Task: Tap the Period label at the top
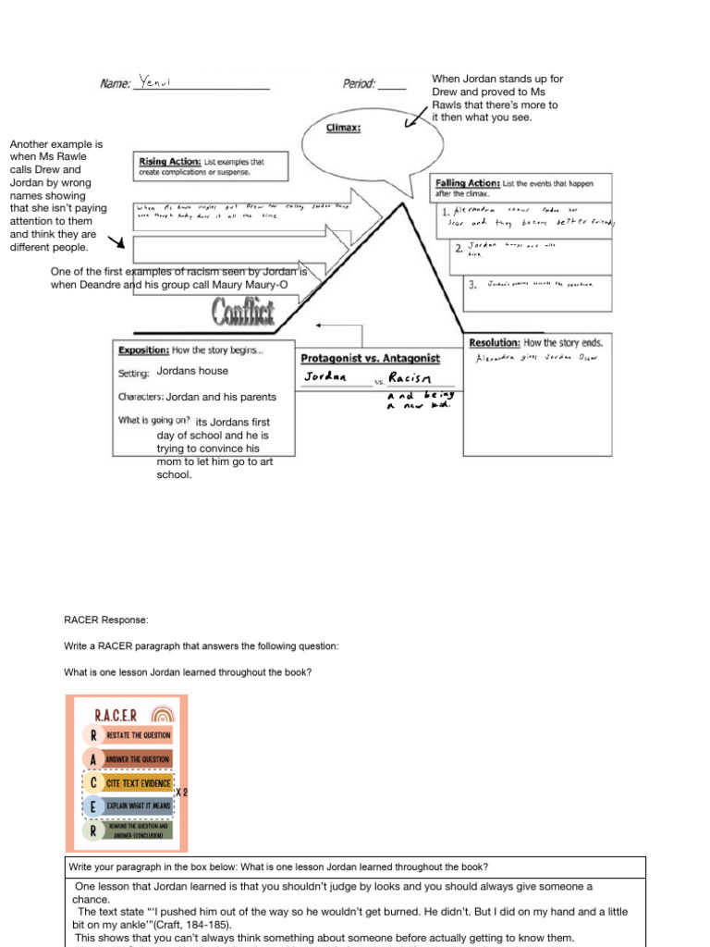[x=360, y=84]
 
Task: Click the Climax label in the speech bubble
[x=343, y=129]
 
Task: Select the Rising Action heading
[x=169, y=162]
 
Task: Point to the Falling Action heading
[x=468, y=183]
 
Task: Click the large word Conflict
[x=243, y=314]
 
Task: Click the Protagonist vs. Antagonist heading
[x=370, y=358]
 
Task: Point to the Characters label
[x=141, y=398]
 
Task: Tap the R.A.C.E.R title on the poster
[x=117, y=715]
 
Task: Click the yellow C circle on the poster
[x=92, y=783]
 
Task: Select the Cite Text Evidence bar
[x=139, y=783]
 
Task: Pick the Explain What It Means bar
[x=137, y=806]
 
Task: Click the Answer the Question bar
[x=139, y=759]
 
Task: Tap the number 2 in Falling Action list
[x=458, y=249]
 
